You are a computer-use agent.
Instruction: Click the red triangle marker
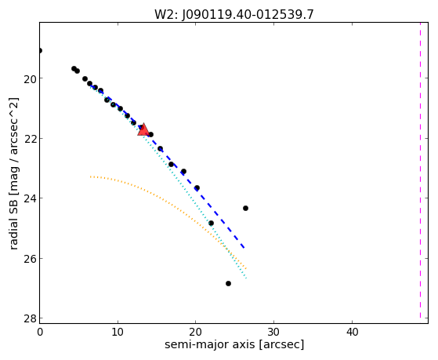[143, 129]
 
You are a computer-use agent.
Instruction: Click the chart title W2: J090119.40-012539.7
[234, 15]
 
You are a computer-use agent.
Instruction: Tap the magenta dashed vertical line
[420, 170]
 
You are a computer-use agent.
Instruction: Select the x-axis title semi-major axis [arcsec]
[234, 344]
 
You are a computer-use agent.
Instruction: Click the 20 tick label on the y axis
[29, 79]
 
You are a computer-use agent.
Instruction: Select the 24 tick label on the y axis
[29, 199]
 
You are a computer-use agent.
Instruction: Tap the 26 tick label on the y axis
[29, 260]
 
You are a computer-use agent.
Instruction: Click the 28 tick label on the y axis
[29, 319]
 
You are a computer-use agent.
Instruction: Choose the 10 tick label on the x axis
[118, 332]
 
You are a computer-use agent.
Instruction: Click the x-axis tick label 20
[196, 332]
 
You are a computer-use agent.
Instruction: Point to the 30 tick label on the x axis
[273, 332]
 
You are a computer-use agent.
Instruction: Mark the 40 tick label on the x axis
[352, 332]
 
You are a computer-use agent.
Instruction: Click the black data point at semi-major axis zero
[40, 51]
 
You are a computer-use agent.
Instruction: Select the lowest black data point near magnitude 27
[228, 284]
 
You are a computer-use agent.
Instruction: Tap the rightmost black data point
[245, 208]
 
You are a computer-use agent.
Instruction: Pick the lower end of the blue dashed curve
[244, 248]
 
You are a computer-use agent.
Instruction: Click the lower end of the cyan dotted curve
[246, 278]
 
